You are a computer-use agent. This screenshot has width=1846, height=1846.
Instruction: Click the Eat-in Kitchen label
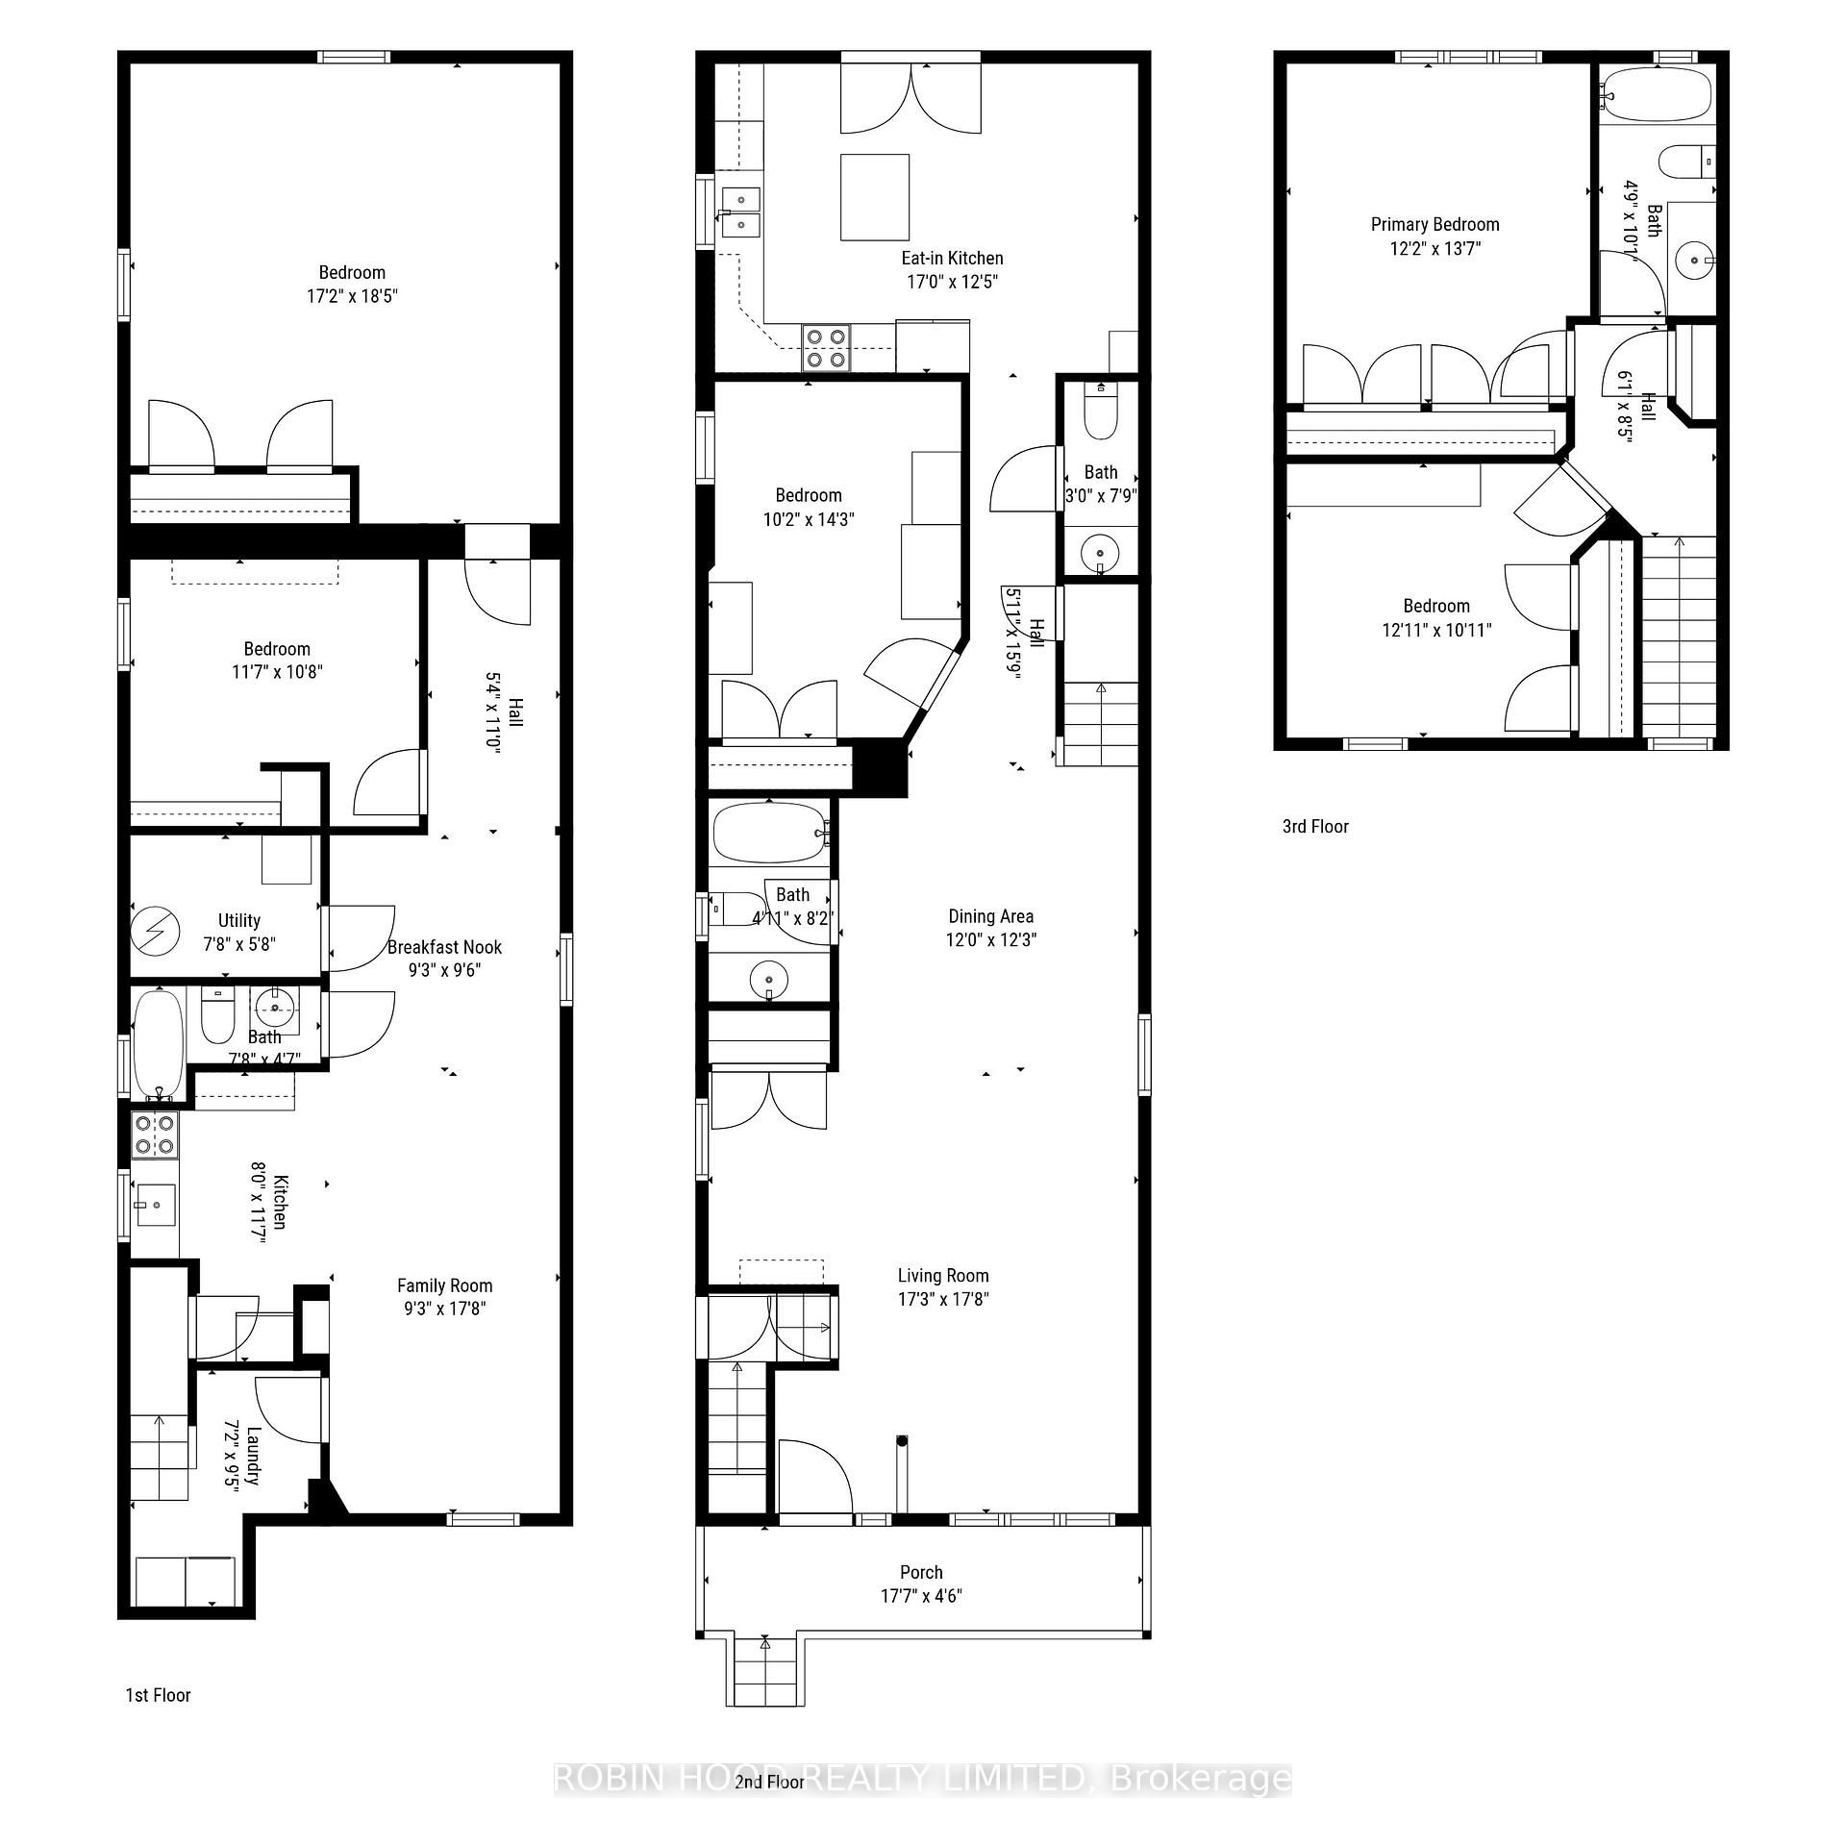pyautogui.click(x=951, y=258)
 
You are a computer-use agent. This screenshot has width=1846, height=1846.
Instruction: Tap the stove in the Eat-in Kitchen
pyautogui.click(x=826, y=348)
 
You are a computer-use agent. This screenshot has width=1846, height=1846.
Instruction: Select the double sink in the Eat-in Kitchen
pyautogui.click(x=740, y=212)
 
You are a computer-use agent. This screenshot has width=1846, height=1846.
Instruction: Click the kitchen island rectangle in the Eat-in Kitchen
pyautogui.click(x=874, y=197)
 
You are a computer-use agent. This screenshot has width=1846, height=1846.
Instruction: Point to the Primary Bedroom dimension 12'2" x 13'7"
pyautogui.click(x=1434, y=248)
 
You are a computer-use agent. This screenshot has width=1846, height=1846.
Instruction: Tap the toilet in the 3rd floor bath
pyautogui.click(x=1687, y=161)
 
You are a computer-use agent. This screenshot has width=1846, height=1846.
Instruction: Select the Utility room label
pyautogui.click(x=238, y=920)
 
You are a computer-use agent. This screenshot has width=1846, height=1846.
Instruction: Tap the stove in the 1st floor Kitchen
pyautogui.click(x=154, y=1134)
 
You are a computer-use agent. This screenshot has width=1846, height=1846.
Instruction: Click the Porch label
pyautogui.click(x=920, y=1572)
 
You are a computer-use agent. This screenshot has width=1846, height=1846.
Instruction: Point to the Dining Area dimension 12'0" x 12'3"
pyautogui.click(x=990, y=939)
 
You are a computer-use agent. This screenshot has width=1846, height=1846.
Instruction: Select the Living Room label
pyautogui.click(x=942, y=1275)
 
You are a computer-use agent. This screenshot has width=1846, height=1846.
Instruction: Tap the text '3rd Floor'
pyautogui.click(x=1314, y=826)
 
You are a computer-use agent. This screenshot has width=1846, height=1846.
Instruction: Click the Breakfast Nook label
pyautogui.click(x=444, y=947)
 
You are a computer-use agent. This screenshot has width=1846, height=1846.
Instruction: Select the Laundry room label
pyautogui.click(x=253, y=1455)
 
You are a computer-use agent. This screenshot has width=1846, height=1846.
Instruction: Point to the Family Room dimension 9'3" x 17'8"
pyautogui.click(x=444, y=1308)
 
